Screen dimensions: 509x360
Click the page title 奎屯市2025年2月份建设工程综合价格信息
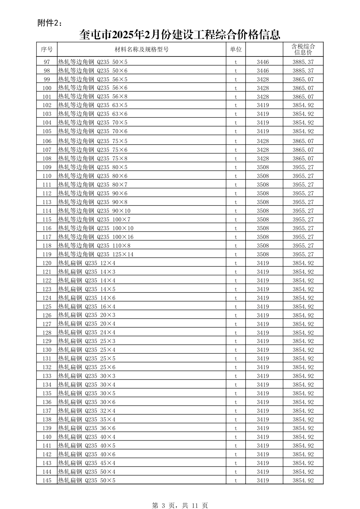180,35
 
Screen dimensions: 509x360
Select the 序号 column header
47,49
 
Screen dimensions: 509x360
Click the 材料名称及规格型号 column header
141,49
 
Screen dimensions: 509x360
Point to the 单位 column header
236,49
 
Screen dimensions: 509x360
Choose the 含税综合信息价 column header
303,49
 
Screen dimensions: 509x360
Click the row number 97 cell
47,62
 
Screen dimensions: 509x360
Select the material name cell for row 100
93,88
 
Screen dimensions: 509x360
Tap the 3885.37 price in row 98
303,71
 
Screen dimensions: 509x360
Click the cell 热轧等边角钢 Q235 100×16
96,237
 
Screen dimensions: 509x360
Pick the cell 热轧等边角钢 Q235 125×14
96,254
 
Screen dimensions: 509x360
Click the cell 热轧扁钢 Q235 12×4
87,263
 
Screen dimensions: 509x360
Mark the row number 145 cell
47,481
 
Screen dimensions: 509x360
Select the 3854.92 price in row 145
303,481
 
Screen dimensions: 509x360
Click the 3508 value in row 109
263,167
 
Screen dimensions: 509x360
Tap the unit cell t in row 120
236,263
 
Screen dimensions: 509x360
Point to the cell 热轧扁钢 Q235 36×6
87,428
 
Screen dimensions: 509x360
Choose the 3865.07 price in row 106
303,141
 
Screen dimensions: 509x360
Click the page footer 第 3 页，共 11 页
180,505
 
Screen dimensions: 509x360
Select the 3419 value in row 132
263,367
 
